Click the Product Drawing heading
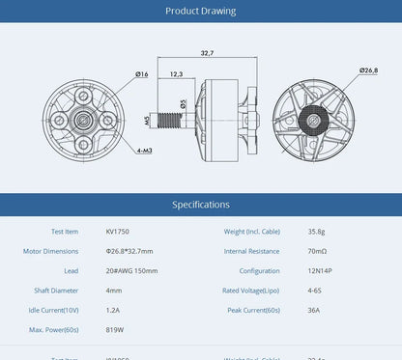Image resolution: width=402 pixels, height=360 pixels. point(200,12)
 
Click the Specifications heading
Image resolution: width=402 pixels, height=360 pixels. point(200,205)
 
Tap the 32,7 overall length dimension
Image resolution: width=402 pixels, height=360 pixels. point(207,53)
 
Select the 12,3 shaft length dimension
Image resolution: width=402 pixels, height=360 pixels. point(177,73)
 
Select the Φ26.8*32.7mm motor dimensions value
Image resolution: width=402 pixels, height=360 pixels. point(129,251)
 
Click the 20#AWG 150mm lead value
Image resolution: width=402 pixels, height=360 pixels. point(131,271)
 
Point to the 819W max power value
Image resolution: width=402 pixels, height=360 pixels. point(115,330)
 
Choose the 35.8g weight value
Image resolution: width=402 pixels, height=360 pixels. point(316,232)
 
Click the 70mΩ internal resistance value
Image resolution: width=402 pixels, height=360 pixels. point(316,251)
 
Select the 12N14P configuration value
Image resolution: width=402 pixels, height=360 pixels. point(321,271)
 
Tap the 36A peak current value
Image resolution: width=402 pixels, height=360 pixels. point(313,310)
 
